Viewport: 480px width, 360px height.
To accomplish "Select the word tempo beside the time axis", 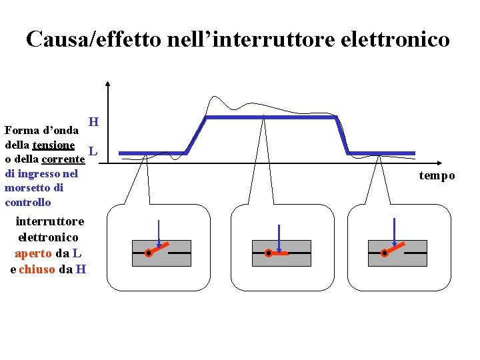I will pyautogui.click(x=437, y=176).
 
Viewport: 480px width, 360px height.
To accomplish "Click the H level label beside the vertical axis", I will pyautogui.click(x=94, y=122).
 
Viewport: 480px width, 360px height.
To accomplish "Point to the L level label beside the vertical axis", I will pyautogui.click(x=93, y=152).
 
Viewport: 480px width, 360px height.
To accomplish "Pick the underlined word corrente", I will pyautogui.click(x=63, y=159).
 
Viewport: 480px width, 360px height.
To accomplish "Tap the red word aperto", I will pyautogui.click(x=33, y=253).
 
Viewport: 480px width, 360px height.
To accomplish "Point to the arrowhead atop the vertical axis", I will pyautogui.click(x=108, y=85).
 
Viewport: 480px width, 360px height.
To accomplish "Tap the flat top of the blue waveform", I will pyautogui.click(x=272, y=117).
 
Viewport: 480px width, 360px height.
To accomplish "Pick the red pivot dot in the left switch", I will pyautogui.click(x=148, y=253).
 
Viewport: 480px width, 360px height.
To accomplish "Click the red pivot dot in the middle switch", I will pyautogui.click(x=268, y=253).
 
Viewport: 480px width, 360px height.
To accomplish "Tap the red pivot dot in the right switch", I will pyautogui.click(x=384, y=253).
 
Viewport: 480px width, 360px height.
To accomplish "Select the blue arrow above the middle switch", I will pyautogui.click(x=278, y=237).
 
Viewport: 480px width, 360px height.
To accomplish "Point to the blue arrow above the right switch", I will pyautogui.click(x=395, y=233).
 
